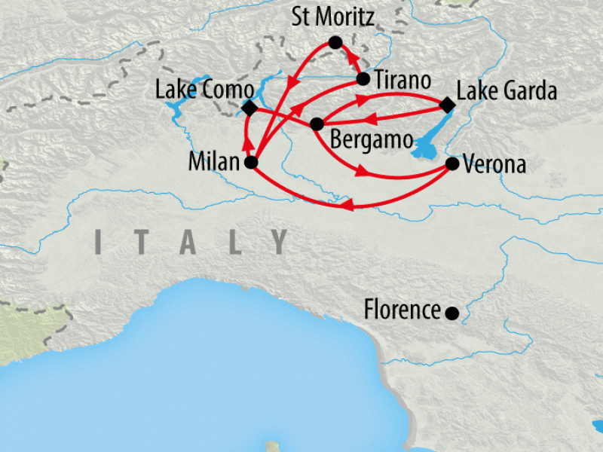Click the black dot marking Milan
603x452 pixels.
pyautogui.click(x=252, y=163)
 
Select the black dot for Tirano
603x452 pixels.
pyautogui.click(x=363, y=78)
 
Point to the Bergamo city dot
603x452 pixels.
pyautogui.click(x=317, y=124)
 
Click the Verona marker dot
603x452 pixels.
pyautogui.click(x=452, y=163)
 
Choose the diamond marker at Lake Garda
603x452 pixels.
pyautogui.click(x=446, y=106)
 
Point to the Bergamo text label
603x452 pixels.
pyautogui.click(x=372, y=141)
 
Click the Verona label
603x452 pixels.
pyautogui.click(x=494, y=164)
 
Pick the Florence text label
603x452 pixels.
pyautogui.click(x=402, y=310)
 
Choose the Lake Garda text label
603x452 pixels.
pyautogui.click(x=507, y=92)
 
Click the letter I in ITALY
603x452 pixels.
pyautogui.click(x=99, y=242)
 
